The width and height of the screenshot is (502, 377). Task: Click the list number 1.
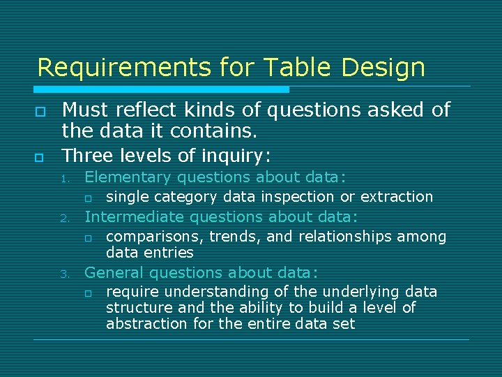pyautogui.click(x=63, y=179)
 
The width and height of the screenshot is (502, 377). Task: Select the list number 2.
pyautogui.click(x=63, y=219)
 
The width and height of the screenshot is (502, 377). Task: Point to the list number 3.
pyautogui.click(x=63, y=274)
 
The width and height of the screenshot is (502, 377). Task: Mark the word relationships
pyautogui.click(x=345, y=237)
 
